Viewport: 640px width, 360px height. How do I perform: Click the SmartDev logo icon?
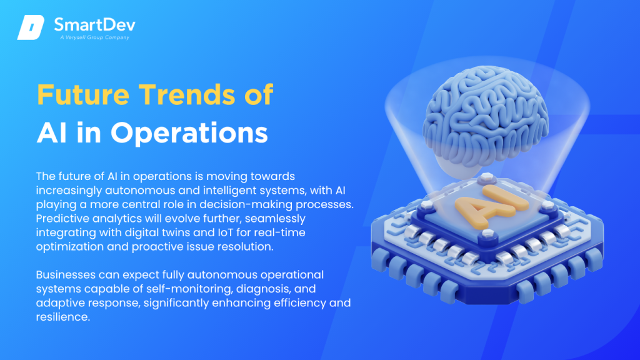click(x=31, y=27)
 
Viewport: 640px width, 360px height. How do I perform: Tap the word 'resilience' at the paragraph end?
click(x=62, y=317)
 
